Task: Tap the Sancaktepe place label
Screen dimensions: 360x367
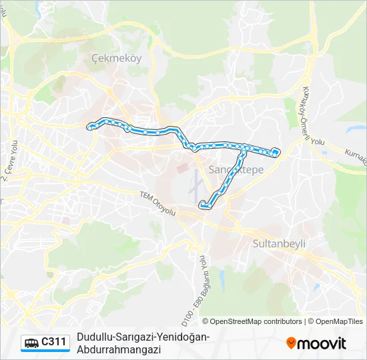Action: point(236,170)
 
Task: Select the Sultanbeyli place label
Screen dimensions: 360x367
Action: point(279,244)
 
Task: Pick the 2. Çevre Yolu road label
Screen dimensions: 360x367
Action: point(10,159)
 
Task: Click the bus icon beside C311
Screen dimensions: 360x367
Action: point(31,343)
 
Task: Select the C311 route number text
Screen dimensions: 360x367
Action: point(54,343)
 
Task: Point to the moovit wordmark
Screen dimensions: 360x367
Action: point(322,343)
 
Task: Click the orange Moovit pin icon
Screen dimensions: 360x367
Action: point(291,343)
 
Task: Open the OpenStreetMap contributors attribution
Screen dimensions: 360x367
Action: point(256,321)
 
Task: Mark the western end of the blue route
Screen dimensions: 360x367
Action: point(89,126)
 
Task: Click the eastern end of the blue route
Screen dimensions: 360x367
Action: point(276,153)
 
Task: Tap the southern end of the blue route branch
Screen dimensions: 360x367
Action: point(202,205)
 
